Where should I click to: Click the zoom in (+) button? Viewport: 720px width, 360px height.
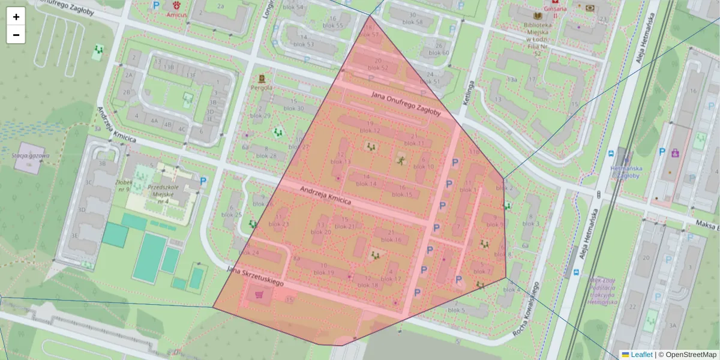coord(16,17)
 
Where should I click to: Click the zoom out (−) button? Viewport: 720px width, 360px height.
coord(16,35)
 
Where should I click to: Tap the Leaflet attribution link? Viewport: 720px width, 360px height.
coord(641,355)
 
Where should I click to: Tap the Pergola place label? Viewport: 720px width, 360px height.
coord(262,87)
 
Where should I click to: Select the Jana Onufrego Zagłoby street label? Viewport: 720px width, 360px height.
coord(406,103)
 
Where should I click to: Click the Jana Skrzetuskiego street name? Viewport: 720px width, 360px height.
coord(255,275)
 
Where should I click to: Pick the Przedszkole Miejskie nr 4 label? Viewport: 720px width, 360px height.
coord(160,194)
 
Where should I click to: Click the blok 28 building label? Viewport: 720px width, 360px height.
coord(266,156)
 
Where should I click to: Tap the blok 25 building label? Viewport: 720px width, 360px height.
coord(232,214)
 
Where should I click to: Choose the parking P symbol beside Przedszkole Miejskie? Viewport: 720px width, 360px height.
coord(203,181)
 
